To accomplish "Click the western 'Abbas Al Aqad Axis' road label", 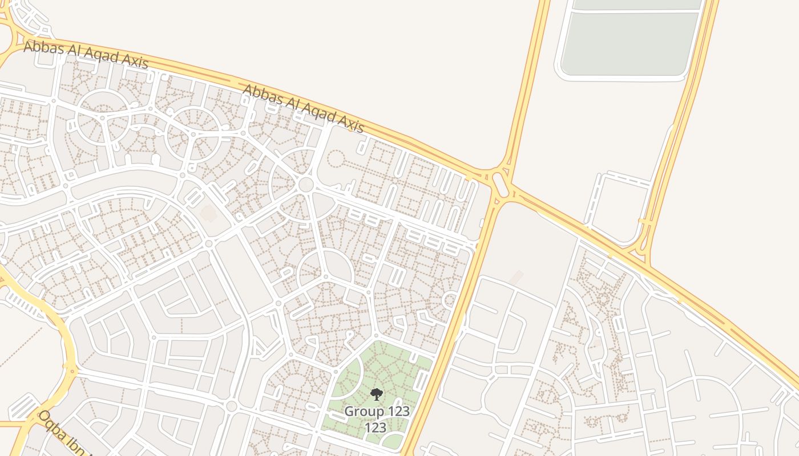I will coord(86,55).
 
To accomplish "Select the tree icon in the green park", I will coord(376,394).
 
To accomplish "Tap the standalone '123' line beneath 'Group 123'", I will coord(376,427).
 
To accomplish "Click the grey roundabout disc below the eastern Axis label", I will coord(306,185).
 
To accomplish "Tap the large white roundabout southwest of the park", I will coord(231,406).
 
